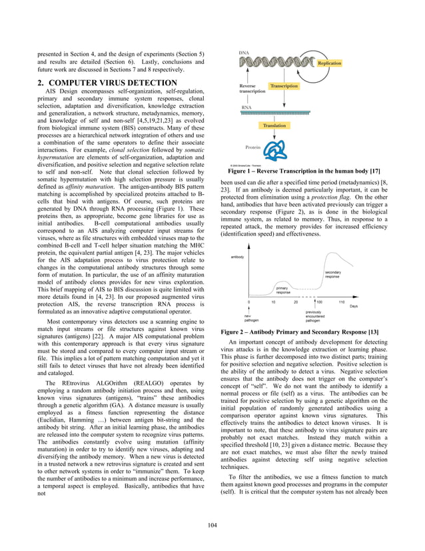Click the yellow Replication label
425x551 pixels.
(329, 63)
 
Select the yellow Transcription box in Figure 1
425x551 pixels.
(284, 86)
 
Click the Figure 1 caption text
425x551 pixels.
(303, 171)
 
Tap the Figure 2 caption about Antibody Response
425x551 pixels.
(299, 332)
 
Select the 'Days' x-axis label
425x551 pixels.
(354, 306)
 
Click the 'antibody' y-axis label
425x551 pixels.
(237, 257)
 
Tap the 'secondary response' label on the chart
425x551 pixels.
(332, 275)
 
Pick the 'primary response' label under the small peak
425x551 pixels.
(283, 290)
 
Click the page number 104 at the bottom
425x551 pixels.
(212, 526)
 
